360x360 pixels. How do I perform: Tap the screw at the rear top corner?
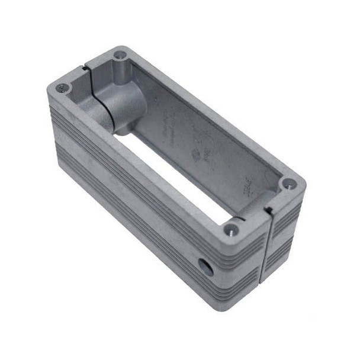120,55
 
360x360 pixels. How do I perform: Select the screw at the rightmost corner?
288,184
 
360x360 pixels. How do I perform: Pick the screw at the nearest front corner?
231,228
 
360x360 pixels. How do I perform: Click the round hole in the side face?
205,267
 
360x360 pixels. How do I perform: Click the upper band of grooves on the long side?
148,178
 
